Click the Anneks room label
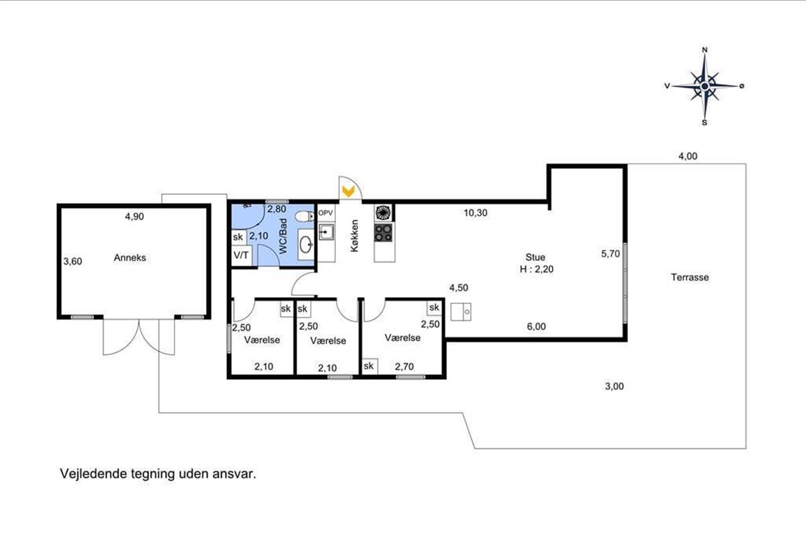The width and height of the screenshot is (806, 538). (130, 258)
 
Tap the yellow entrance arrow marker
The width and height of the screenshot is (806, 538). (348, 192)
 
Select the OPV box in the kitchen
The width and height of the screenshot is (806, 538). (326, 213)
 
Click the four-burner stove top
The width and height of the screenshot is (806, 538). (384, 233)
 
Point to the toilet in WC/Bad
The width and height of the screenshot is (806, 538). (304, 217)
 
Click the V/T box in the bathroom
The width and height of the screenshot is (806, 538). (241, 256)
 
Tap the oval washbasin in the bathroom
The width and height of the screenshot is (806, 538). (306, 245)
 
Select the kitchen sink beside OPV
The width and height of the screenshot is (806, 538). (326, 232)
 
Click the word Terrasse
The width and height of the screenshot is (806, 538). (690, 277)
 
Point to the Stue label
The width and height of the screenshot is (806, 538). (535, 258)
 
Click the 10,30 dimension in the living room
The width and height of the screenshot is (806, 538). (476, 213)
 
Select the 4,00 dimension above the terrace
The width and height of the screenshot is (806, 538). (688, 156)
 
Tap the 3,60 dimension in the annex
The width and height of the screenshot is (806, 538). (73, 261)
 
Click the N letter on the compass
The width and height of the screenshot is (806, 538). (705, 50)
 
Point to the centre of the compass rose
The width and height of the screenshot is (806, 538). (705, 86)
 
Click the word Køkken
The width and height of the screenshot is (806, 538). (355, 235)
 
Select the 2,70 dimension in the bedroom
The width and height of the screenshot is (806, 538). (404, 367)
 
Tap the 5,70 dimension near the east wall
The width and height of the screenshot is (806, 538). (611, 254)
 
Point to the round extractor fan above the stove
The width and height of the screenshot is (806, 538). (384, 213)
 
